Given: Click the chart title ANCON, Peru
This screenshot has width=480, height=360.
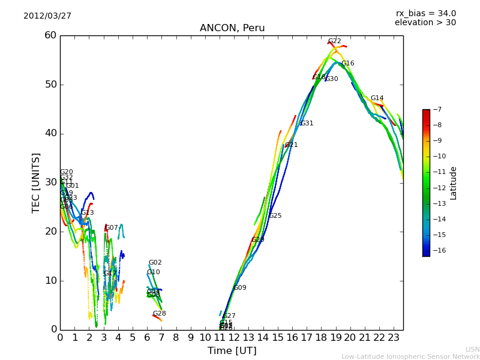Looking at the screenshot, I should [x=232, y=28].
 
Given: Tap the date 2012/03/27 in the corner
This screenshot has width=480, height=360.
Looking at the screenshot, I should [x=47, y=16].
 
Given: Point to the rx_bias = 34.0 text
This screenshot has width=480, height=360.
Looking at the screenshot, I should [x=425, y=13].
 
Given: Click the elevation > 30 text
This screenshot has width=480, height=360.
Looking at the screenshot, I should [x=425, y=23].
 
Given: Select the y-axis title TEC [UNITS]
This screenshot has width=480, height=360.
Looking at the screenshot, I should [x=36, y=182].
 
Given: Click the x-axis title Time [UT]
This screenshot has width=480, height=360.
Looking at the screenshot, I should [x=232, y=350].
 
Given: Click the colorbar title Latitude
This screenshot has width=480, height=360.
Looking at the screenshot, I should [x=454, y=183].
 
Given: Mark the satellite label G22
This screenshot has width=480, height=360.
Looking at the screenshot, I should [x=334, y=41].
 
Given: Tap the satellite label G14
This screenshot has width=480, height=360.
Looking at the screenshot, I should [x=377, y=98].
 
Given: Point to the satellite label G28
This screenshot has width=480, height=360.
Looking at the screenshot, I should [x=159, y=314].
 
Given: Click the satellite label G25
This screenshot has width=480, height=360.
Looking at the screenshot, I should [x=275, y=216].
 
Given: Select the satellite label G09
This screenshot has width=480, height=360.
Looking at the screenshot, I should [x=240, y=288].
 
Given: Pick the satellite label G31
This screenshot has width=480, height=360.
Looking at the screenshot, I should [x=307, y=124].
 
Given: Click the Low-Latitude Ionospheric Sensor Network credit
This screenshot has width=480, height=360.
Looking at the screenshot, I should [x=410, y=356].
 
